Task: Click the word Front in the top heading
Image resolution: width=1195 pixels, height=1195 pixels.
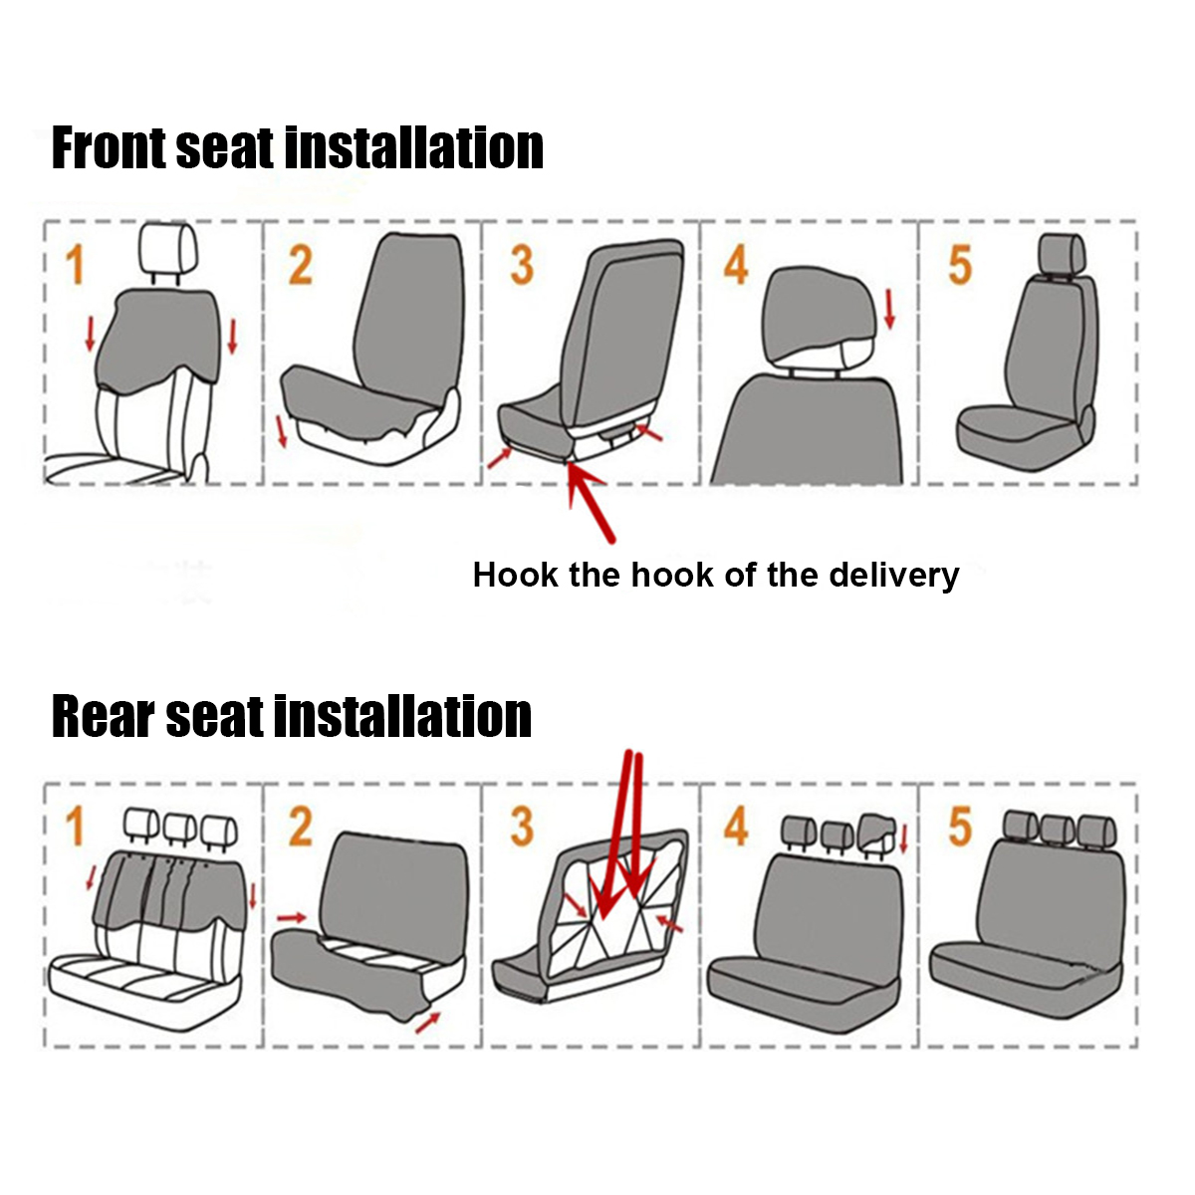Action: coord(109,148)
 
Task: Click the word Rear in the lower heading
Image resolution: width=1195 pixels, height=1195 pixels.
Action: coord(104,717)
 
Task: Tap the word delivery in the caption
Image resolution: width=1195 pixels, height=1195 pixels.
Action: coord(894,575)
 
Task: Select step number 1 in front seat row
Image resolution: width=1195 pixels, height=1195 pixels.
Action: coord(75,266)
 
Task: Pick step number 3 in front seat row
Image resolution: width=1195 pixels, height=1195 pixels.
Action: coord(522,266)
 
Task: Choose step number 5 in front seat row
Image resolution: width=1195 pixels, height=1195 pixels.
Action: coord(959,266)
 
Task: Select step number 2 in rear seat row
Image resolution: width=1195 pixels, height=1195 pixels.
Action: coord(301,828)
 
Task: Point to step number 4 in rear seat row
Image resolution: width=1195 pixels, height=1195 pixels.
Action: coord(736,828)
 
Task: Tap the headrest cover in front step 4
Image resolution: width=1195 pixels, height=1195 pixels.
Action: coord(817,314)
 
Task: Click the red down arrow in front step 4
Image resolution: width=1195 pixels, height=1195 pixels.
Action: coord(889,309)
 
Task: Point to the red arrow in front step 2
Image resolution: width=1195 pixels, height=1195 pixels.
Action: coord(281,430)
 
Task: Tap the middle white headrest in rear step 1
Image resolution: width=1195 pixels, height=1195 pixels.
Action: coord(180,826)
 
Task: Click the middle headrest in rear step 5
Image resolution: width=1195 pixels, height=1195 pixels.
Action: coord(1059,828)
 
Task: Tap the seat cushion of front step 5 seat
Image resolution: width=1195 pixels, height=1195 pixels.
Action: coord(1016,428)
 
